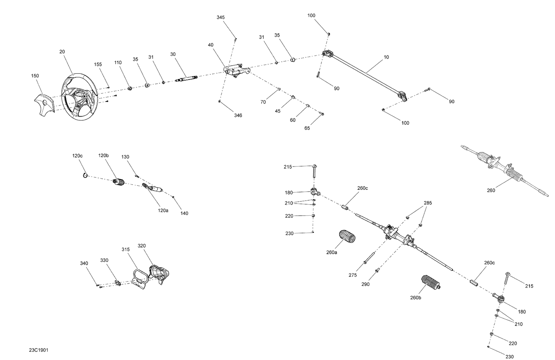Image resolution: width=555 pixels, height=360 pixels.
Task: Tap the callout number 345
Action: [221, 18]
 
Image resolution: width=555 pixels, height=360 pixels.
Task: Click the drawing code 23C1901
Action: [39, 350]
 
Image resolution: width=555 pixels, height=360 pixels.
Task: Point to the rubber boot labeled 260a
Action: [347, 237]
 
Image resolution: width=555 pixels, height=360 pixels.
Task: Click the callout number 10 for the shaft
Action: [386, 57]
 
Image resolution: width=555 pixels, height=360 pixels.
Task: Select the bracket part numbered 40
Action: [236, 71]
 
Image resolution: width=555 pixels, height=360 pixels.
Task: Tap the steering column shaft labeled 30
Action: [187, 78]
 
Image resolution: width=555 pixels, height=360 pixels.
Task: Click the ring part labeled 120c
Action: [85, 175]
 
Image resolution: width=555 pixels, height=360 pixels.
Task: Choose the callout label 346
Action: [238, 115]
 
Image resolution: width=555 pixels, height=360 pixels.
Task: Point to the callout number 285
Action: [428, 203]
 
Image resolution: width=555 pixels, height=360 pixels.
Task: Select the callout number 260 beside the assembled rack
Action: [491, 191]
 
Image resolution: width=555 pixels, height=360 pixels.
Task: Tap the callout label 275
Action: [353, 275]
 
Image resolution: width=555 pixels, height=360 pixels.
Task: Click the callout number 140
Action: [184, 213]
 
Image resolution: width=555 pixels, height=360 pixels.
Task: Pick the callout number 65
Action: [307, 128]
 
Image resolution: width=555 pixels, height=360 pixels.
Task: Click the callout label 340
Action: [84, 263]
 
